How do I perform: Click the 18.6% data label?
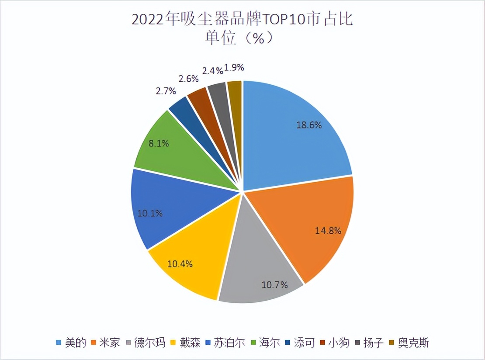click(x=309, y=125)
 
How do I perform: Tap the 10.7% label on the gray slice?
click(x=274, y=285)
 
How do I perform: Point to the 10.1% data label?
click(x=150, y=214)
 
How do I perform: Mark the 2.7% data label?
click(x=166, y=91)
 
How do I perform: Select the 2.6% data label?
click(x=189, y=79)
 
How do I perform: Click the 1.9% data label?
click(x=234, y=68)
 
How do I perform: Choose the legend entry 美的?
click(x=70, y=342)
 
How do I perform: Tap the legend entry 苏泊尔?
click(x=226, y=342)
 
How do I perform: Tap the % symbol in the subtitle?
click(x=259, y=38)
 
